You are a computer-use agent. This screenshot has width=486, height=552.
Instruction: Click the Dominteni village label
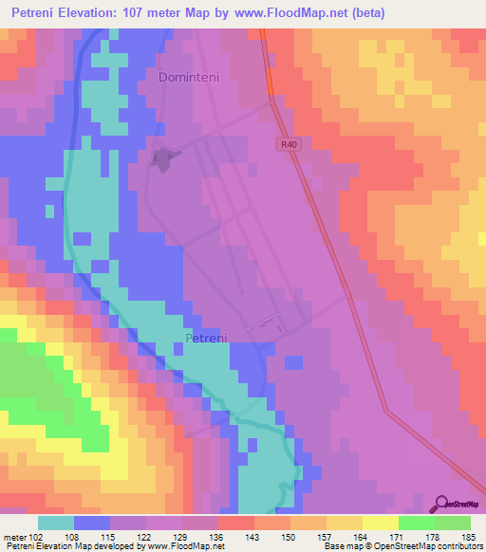coord(196,77)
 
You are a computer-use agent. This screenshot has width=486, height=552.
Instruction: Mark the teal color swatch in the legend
coord(56,523)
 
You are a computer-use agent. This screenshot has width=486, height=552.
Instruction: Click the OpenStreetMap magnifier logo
coord(441,504)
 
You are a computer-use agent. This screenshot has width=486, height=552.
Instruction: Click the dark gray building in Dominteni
coord(164,159)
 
